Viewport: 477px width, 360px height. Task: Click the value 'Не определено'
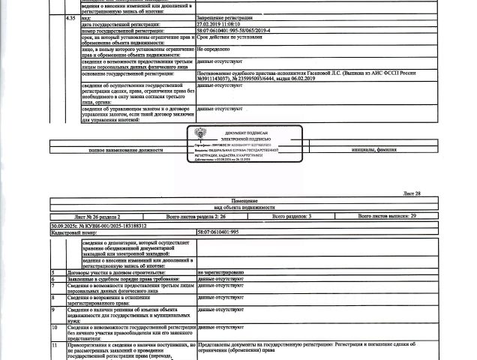pyautogui.click(x=214, y=48)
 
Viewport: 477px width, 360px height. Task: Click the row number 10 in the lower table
pyautogui.click(x=54, y=327)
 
